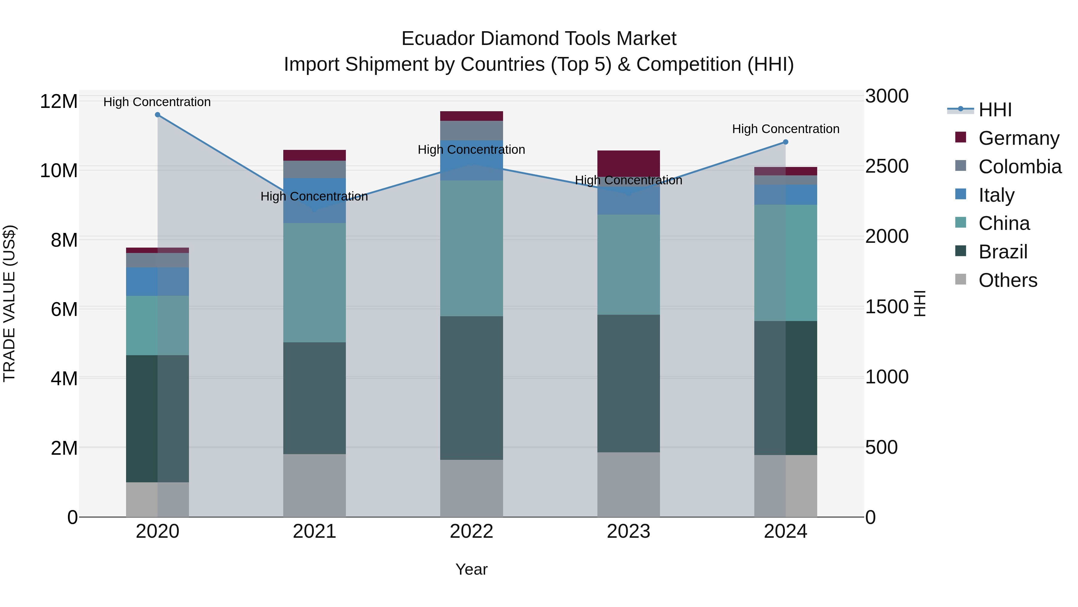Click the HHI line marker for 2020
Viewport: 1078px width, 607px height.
pyautogui.click(x=157, y=115)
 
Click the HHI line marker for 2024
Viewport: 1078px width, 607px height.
pyautogui.click(x=785, y=142)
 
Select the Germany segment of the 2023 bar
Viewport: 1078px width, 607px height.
pyautogui.click(x=628, y=163)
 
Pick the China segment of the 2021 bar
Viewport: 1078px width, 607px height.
pyautogui.click(x=314, y=282)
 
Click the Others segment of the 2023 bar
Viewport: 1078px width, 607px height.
pyautogui.click(x=628, y=484)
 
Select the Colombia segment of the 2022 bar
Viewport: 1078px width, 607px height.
pyautogui.click(x=471, y=130)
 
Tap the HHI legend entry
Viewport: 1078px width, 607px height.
pyautogui.click(x=995, y=110)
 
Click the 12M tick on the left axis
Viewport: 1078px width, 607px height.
pyautogui.click(x=59, y=102)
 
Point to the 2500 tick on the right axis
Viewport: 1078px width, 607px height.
pyautogui.click(x=887, y=166)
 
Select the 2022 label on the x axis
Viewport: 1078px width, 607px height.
pyautogui.click(x=471, y=531)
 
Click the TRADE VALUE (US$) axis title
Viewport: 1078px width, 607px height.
pyautogui.click(x=9, y=303)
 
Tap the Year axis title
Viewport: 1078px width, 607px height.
pyautogui.click(x=471, y=569)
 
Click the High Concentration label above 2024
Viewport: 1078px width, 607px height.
pyautogui.click(x=785, y=129)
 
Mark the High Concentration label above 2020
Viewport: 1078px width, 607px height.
pyautogui.click(x=157, y=102)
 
